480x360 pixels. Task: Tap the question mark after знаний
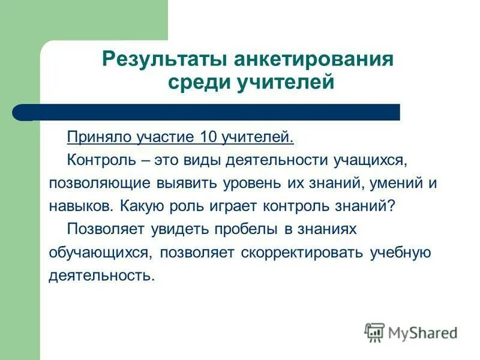point(391,206)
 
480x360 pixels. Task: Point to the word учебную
point(400,251)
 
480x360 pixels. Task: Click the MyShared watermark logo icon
point(374,332)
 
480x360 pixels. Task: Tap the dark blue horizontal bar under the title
point(210,112)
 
